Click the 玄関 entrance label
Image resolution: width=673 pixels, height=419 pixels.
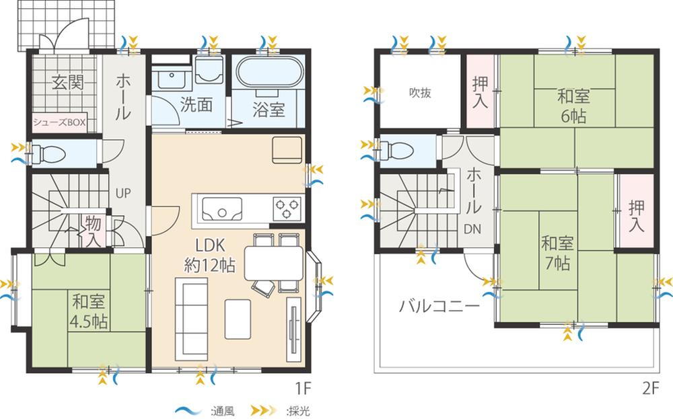68,82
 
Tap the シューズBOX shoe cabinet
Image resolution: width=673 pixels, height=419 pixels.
60,122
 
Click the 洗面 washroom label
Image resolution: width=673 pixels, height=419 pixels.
196,104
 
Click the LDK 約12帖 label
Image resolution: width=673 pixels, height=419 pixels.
210,256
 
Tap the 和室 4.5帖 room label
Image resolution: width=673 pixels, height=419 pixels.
88,311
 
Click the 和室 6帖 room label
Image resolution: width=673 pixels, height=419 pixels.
573,106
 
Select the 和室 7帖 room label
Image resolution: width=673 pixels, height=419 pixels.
557,253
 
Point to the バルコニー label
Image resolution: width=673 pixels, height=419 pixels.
439,306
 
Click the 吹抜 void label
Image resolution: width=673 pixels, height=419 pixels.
420,93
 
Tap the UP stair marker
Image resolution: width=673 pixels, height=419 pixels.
122,194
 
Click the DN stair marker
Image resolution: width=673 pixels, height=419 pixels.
472,229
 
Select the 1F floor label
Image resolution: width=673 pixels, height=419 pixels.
303,388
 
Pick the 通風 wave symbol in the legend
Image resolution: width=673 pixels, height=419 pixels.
189,410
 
